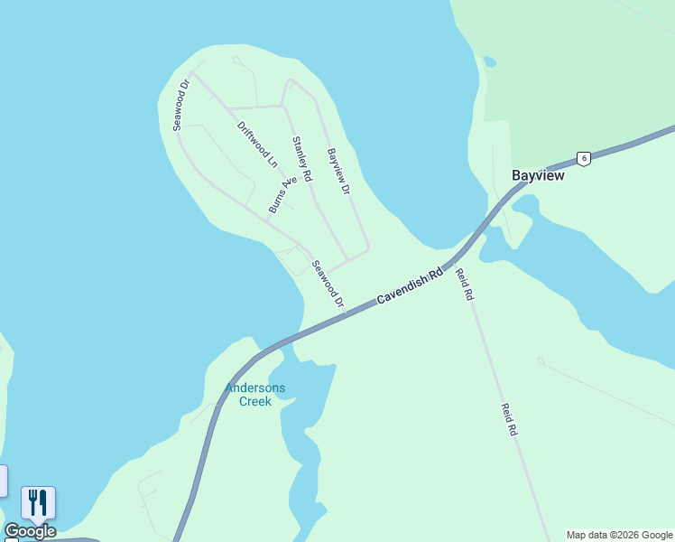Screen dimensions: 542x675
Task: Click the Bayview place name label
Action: [538, 175]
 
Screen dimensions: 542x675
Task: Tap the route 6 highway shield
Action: [584, 158]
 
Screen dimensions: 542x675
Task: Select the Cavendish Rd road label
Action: [411, 285]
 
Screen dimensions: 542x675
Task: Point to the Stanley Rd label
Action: [301, 157]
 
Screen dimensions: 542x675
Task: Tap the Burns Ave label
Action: [282, 196]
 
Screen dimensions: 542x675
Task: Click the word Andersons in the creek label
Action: [255, 388]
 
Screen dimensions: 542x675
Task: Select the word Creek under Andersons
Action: [255, 401]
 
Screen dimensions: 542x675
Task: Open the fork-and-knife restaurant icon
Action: [38, 502]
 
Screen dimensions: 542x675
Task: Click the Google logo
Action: [30, 531]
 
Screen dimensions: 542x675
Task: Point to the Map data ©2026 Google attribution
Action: [620, 535]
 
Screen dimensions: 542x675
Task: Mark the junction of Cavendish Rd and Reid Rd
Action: [450, 263]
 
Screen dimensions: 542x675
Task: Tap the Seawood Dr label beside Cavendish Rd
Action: [328, 284]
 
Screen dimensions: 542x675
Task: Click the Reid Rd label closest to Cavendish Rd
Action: [464, 284]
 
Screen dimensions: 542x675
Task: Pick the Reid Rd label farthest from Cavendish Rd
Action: [509, 420]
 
